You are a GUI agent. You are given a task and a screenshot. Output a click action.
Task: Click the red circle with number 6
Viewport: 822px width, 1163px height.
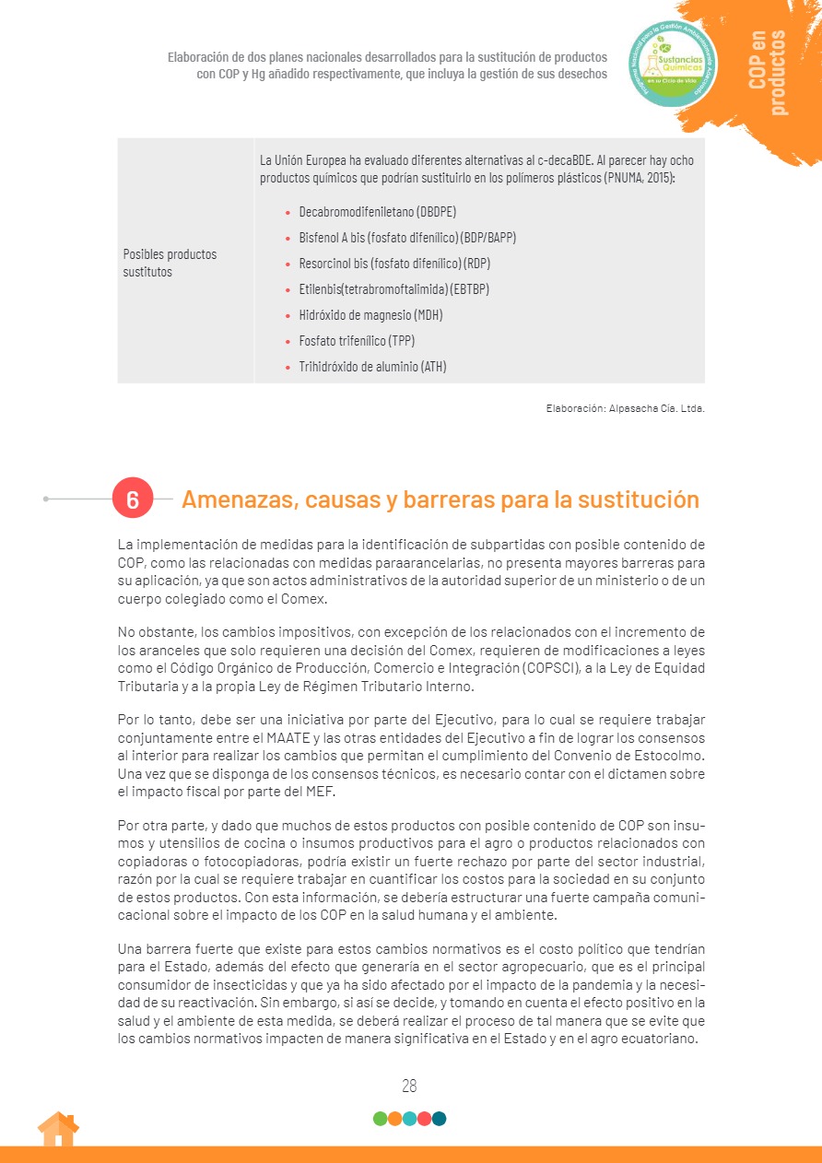coord(133,499)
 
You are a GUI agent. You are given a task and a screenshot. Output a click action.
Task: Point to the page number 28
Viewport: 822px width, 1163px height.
coord(409,1086)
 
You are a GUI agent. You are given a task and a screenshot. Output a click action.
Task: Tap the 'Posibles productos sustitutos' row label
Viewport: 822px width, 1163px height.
coord(170,263)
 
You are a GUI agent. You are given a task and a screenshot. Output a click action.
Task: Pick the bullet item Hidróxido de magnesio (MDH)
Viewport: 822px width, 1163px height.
coord(370,315)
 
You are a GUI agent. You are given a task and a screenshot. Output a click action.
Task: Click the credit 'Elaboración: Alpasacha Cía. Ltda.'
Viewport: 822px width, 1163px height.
coord(625,407)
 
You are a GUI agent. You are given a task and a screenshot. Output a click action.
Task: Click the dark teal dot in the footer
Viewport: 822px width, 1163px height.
coord(439,1119)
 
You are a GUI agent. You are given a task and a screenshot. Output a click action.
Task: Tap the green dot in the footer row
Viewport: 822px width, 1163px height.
coord(380,1119)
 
